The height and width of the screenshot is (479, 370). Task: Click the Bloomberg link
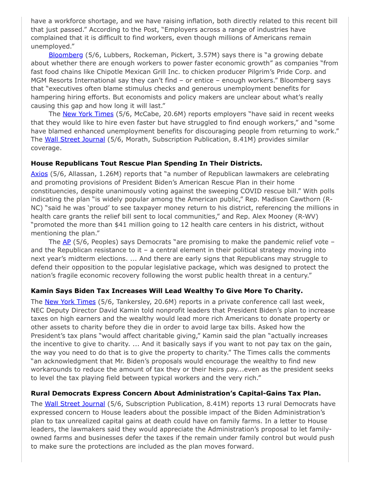pos(66,55)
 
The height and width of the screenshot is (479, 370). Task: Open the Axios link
pos(39,174)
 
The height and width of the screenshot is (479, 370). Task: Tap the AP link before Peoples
pos(67,242)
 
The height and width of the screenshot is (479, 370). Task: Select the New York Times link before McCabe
pos(88,114)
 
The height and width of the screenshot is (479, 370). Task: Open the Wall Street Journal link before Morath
pos(75,139)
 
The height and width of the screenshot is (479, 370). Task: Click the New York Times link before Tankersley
pos(70,302)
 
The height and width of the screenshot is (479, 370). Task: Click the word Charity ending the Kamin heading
pos(286,291)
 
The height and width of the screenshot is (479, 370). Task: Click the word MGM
pos(39,80)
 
